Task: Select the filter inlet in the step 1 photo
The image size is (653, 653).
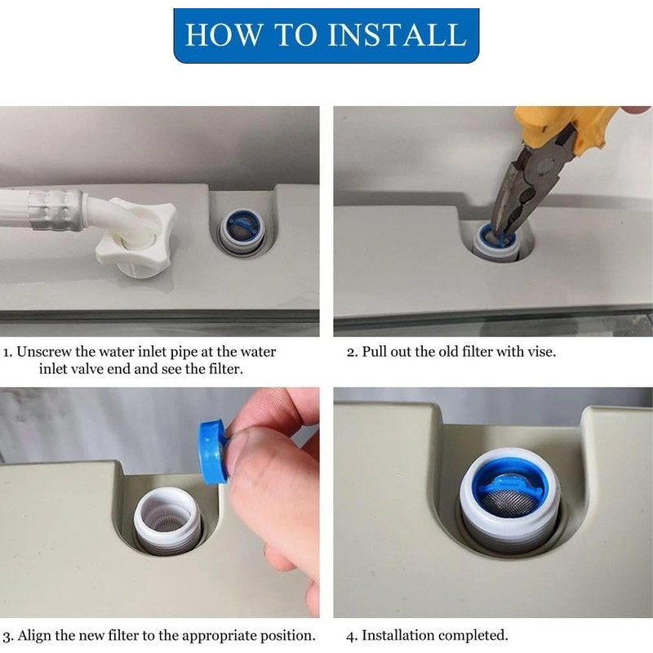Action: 242,232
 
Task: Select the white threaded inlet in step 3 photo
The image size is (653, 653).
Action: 167,522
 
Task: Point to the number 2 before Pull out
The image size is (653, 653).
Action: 351,352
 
